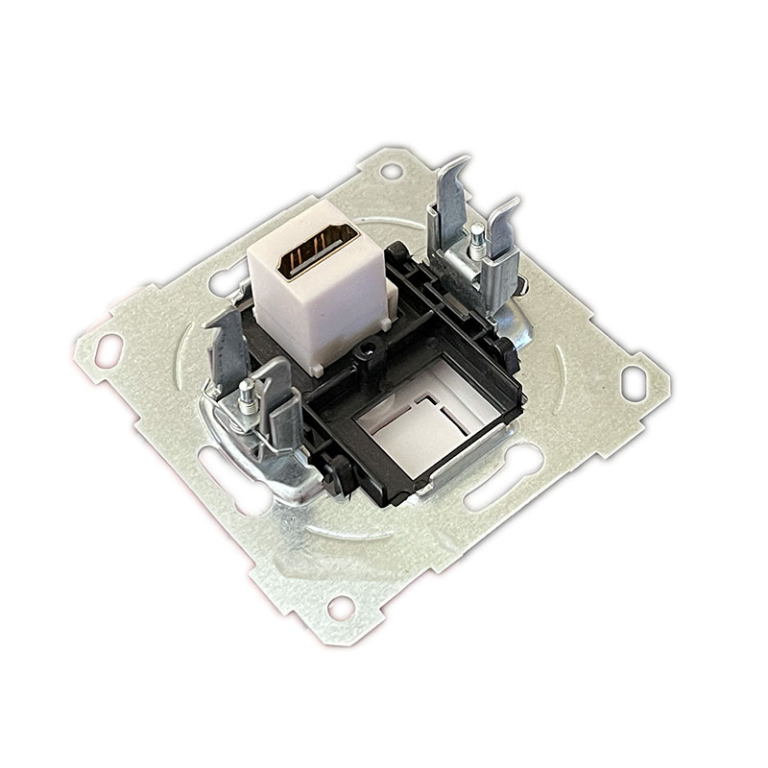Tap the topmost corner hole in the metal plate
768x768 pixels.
(x=392, y=170)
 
